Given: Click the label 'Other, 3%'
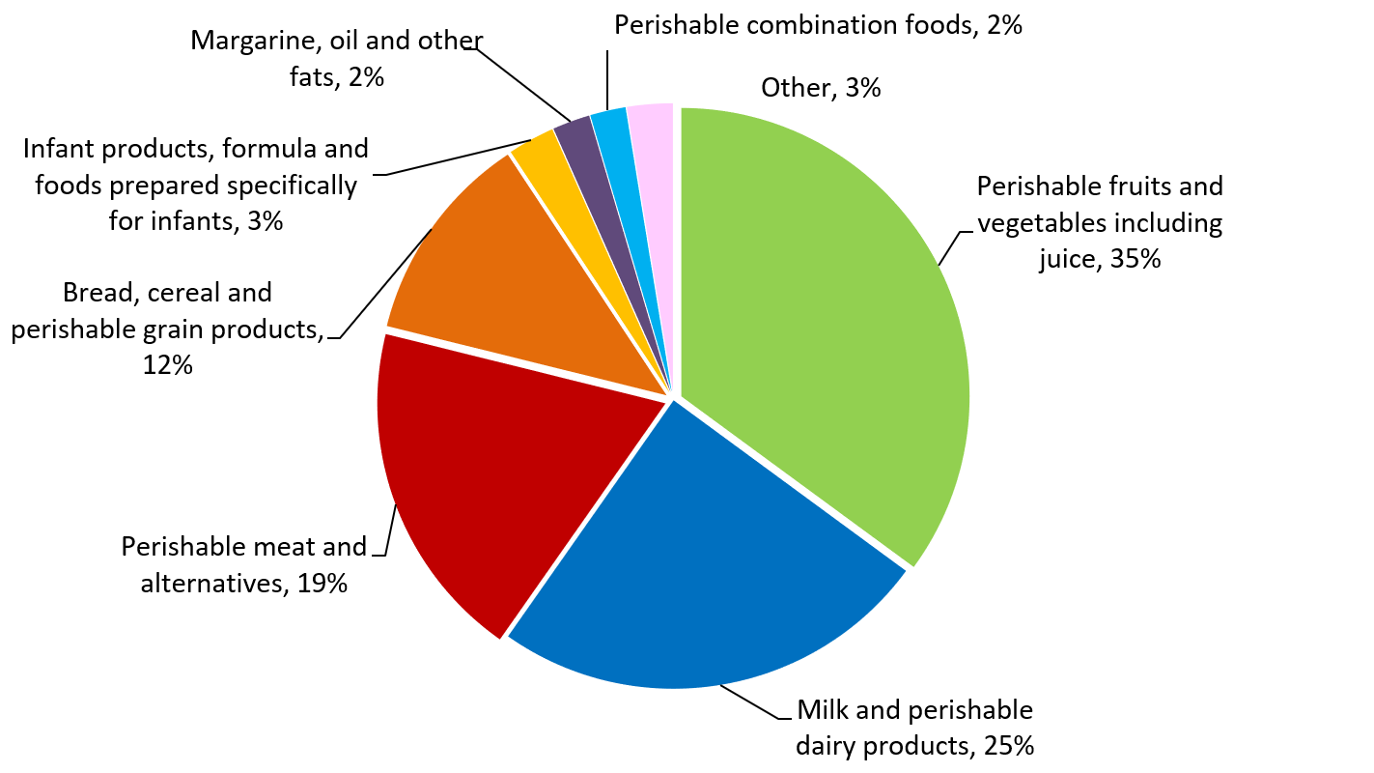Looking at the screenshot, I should [820, 88].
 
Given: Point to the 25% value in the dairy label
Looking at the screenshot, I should [1008, 745].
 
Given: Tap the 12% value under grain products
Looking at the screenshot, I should [168, 365].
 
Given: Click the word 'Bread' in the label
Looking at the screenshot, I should [96, 292].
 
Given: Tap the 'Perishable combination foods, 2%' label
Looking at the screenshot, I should [817, 25].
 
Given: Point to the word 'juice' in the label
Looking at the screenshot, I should [1066, 259].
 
